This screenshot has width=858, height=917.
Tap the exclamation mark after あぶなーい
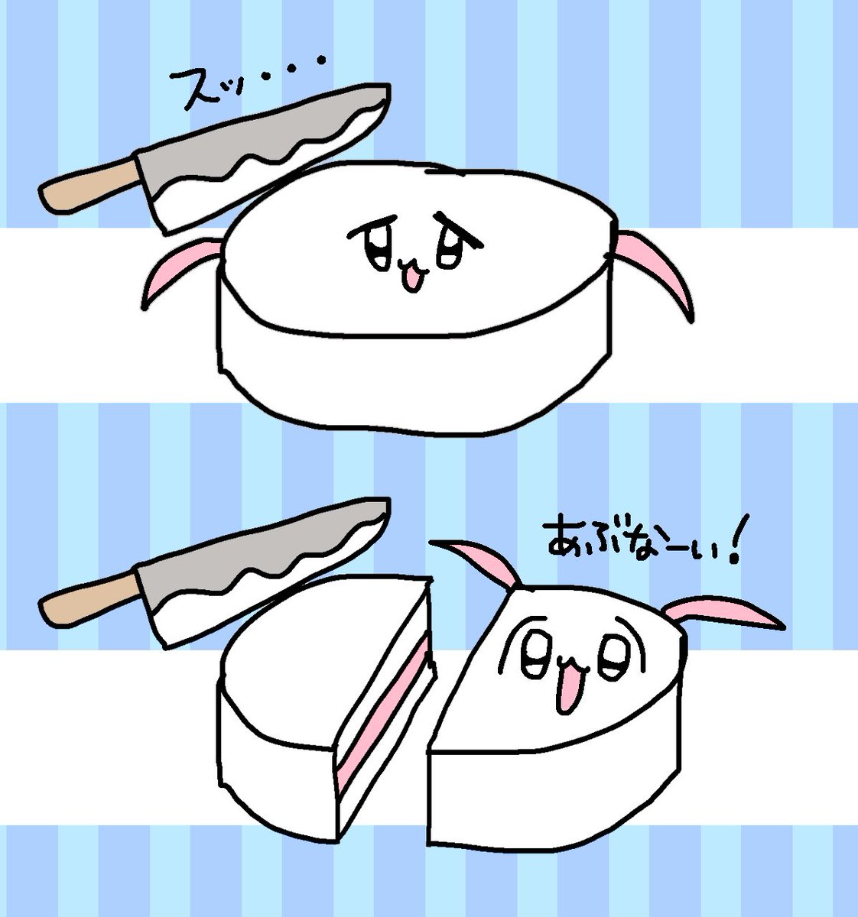[x=733, y=541]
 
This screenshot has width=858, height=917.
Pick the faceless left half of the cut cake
[x=323, y=706]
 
